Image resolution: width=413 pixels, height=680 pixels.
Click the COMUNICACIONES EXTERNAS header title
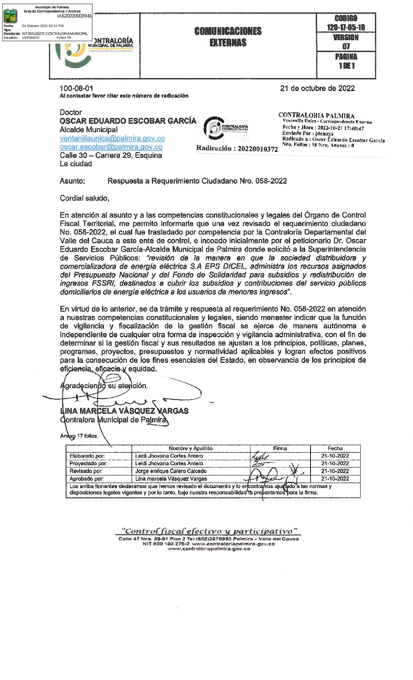[228, 37]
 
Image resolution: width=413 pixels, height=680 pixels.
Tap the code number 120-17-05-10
[346, 27]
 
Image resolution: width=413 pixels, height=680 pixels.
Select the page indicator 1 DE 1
[346, 66]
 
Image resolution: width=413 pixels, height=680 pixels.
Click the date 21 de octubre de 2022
[317, 88]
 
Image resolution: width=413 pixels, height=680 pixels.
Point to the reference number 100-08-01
[76, 88]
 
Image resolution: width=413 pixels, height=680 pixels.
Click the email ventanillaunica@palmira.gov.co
[112, 139]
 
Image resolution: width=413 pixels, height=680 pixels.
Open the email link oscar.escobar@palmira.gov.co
[111, 147]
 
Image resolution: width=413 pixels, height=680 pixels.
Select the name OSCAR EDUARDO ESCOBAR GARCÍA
[128, 121]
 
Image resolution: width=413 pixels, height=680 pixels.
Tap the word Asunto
[72, 181]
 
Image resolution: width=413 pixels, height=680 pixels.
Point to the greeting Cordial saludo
[84, 198]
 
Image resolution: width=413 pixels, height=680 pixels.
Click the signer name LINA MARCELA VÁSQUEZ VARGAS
[124, 411]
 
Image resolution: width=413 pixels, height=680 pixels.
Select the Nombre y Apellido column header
[191, 449]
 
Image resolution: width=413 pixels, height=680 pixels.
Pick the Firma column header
[280, 449]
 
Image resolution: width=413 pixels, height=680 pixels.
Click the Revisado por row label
[86, 471]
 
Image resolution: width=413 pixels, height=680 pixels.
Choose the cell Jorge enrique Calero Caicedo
[171, 471]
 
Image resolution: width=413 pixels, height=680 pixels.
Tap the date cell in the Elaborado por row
[335, 456]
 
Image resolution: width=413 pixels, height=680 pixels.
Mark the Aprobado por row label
[87, 479]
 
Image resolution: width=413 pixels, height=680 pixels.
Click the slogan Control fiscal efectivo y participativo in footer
[209, 531]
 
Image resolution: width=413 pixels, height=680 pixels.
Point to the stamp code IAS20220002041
[74, 16]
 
